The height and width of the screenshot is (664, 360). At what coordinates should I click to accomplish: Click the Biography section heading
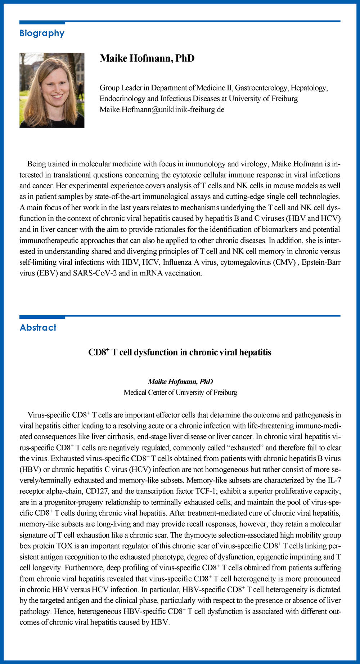pos(42,33)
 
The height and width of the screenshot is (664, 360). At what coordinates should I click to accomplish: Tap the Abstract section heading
pos(38,327)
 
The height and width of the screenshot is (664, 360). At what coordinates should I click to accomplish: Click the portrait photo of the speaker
pos(52,90)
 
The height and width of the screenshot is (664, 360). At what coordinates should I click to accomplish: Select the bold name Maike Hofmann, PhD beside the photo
pos(147,58)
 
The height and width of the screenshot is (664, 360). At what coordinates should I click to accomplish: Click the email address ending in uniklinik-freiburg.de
pos(162,109)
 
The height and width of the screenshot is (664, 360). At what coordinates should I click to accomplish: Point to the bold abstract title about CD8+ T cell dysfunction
pos(180,352)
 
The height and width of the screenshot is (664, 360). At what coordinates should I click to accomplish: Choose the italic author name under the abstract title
pos(180,381)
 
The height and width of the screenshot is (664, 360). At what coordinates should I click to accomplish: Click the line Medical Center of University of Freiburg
pos(180,392)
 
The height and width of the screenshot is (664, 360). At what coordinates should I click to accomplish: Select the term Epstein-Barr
pos(321,262)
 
